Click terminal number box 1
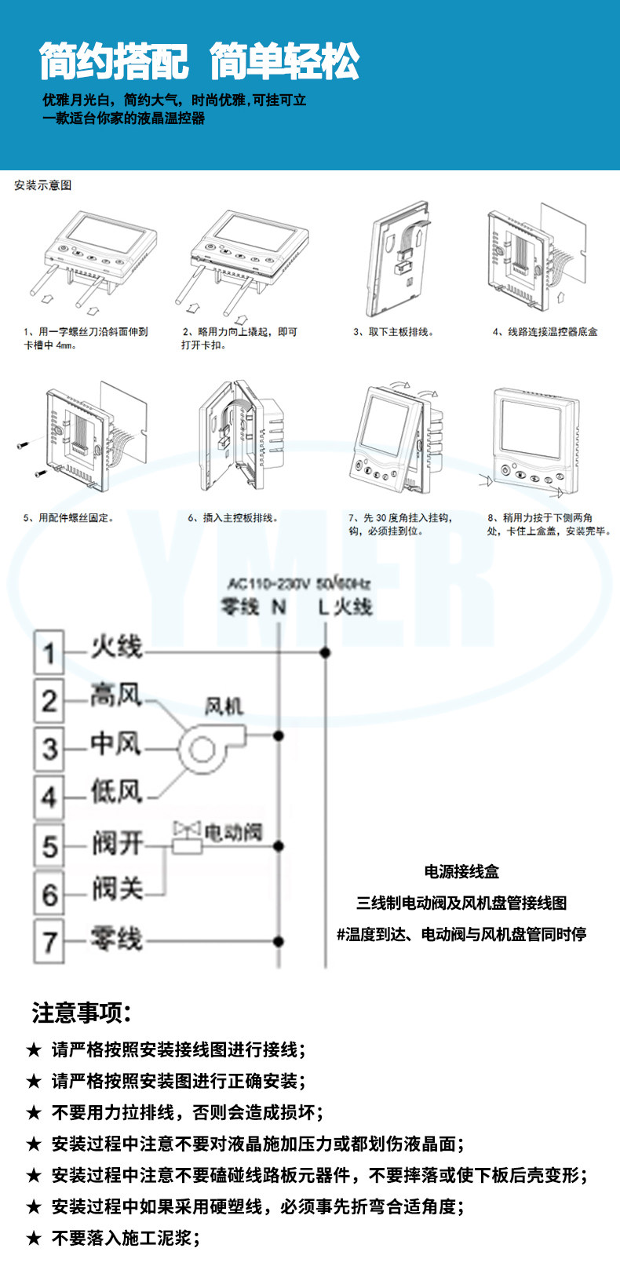pyautogui.click(x=49, y=651)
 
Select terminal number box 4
pyautogui.click(x=49, y=796)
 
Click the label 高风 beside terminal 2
pyautogui.click(x=115, y=695)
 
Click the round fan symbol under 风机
pyautogui.click(x=202, y=750)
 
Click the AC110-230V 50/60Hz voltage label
pyautogui.click(x=298, y=583)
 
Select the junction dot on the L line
pyautogui.click(x=325, y=652)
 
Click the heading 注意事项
pyautogui.click(x=81, y=1013)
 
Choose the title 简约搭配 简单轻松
pyautogui.click(x=199, y=62)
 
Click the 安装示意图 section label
pyautogui.click(x=43, y=185)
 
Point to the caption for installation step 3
pyautogui.click(x=393, y=332)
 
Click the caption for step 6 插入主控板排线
pyautogui.click(x=233, y=518)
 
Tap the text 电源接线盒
pyautogui.click(x=461, y=871)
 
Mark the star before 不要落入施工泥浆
pyautogui.click(x=34, y=1238)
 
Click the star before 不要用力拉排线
pyautogui.click(x=34, y=1112)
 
